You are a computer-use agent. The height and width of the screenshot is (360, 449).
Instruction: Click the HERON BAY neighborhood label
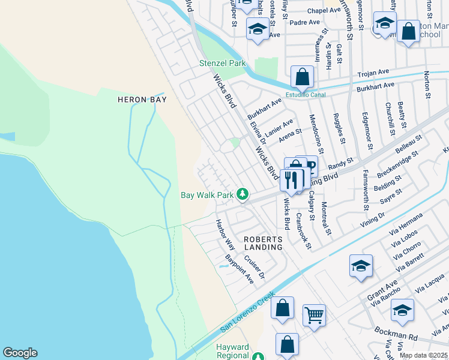pos(142,100)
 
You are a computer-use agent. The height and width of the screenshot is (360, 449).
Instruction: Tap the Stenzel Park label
pos(223,63)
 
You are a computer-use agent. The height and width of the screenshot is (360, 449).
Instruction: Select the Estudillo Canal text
pos(305,94)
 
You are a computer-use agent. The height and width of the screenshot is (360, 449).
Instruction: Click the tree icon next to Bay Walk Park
pos(243,194)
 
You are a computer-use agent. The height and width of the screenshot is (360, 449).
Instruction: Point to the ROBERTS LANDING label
pos(263,243)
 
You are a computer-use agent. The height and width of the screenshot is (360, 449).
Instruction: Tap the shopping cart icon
pos(314,314)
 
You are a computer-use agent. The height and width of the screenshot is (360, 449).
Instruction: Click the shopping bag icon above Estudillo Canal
pos(303,77)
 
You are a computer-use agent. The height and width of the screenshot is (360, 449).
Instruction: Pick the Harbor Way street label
pos(226,234)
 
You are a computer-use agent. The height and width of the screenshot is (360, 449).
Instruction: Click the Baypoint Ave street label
pos(239,269)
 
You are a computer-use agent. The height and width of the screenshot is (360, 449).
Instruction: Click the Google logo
pos(20,353)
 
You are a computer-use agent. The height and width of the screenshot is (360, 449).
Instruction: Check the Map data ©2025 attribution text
pos(423,355)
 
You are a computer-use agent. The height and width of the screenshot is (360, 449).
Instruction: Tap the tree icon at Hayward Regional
pos(258,356)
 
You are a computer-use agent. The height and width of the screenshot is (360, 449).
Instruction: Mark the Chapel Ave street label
pos(324,11)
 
